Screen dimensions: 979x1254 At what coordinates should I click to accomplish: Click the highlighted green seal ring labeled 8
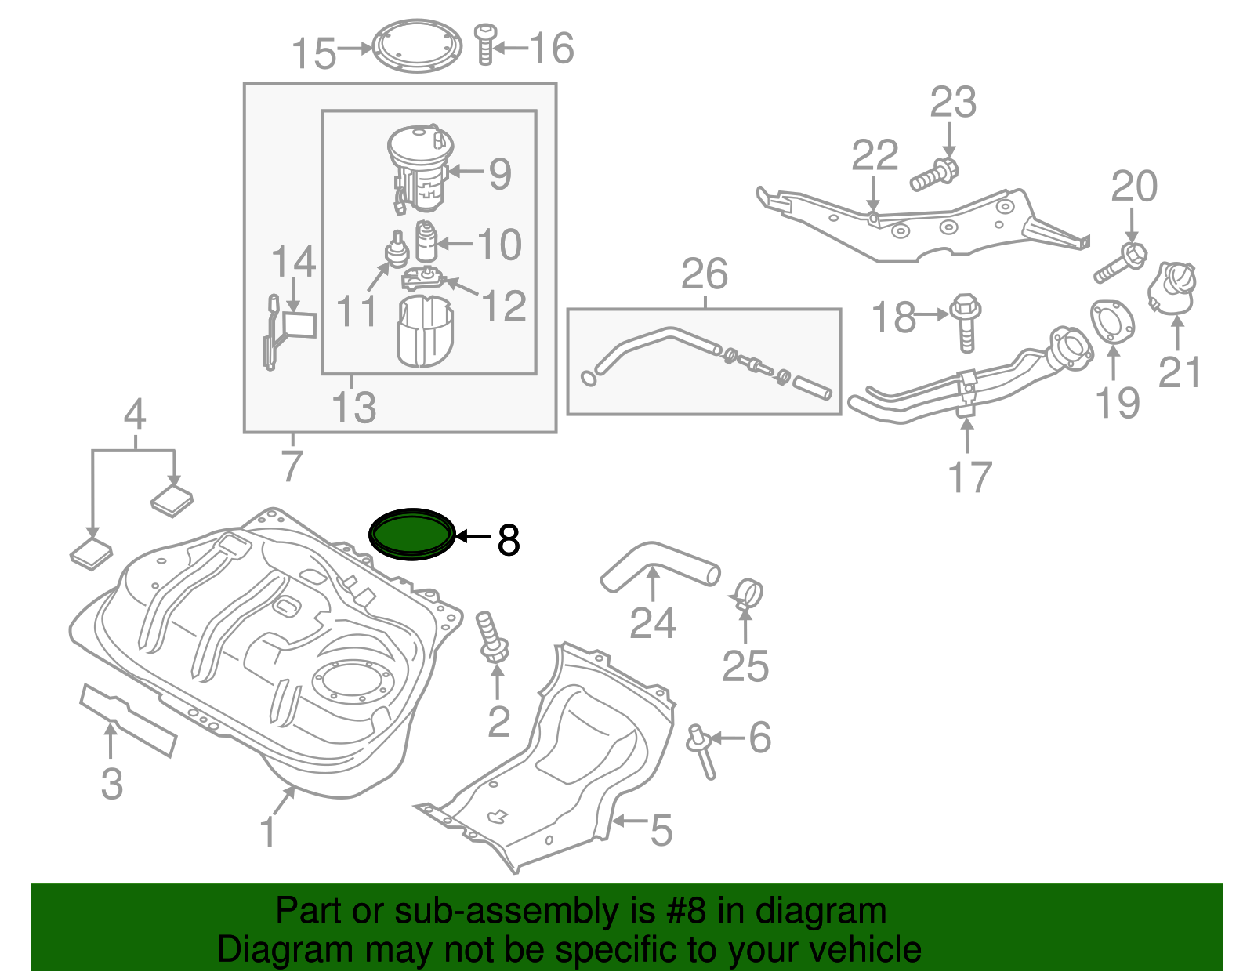pyautogui.click(x=412, y=535)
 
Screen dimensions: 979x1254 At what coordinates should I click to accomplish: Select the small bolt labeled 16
pyautogui.click(x=485, y=45)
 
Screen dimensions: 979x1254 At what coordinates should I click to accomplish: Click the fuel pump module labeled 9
pyautogui.click(x=422, y=169)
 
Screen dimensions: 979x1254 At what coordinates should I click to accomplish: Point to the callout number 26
pyautogui.click(x=704, y=274)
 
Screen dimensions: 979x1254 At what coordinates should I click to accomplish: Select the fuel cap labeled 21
pyautogui.click(x=1172, y=288)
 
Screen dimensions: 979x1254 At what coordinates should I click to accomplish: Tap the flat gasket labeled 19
pyautogui.click(x=1113, y=321)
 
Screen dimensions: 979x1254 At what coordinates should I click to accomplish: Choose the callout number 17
pyautogui.click(x=969, y=477)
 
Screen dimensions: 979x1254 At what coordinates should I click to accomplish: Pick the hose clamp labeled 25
pyautogui.click(x=748, y=593)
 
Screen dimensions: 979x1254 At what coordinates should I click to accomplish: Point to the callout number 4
pyautogui.click(x=135, y=414)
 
